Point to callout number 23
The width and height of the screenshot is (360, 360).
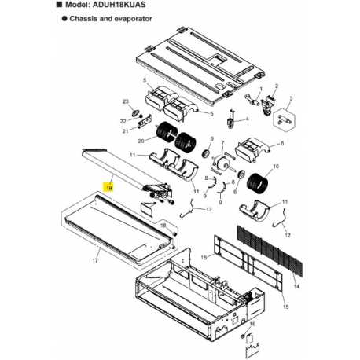pyautogui.click(x=125, y=102)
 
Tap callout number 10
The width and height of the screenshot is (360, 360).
pyautogui.click(x=276, y=166)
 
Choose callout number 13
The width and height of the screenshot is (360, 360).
pyautogui.click(x=208, y=210)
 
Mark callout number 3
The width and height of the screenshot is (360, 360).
pyautogui.click(x=290, y=99)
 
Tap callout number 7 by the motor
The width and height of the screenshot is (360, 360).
pyautogui.click(x=224, y=146)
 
